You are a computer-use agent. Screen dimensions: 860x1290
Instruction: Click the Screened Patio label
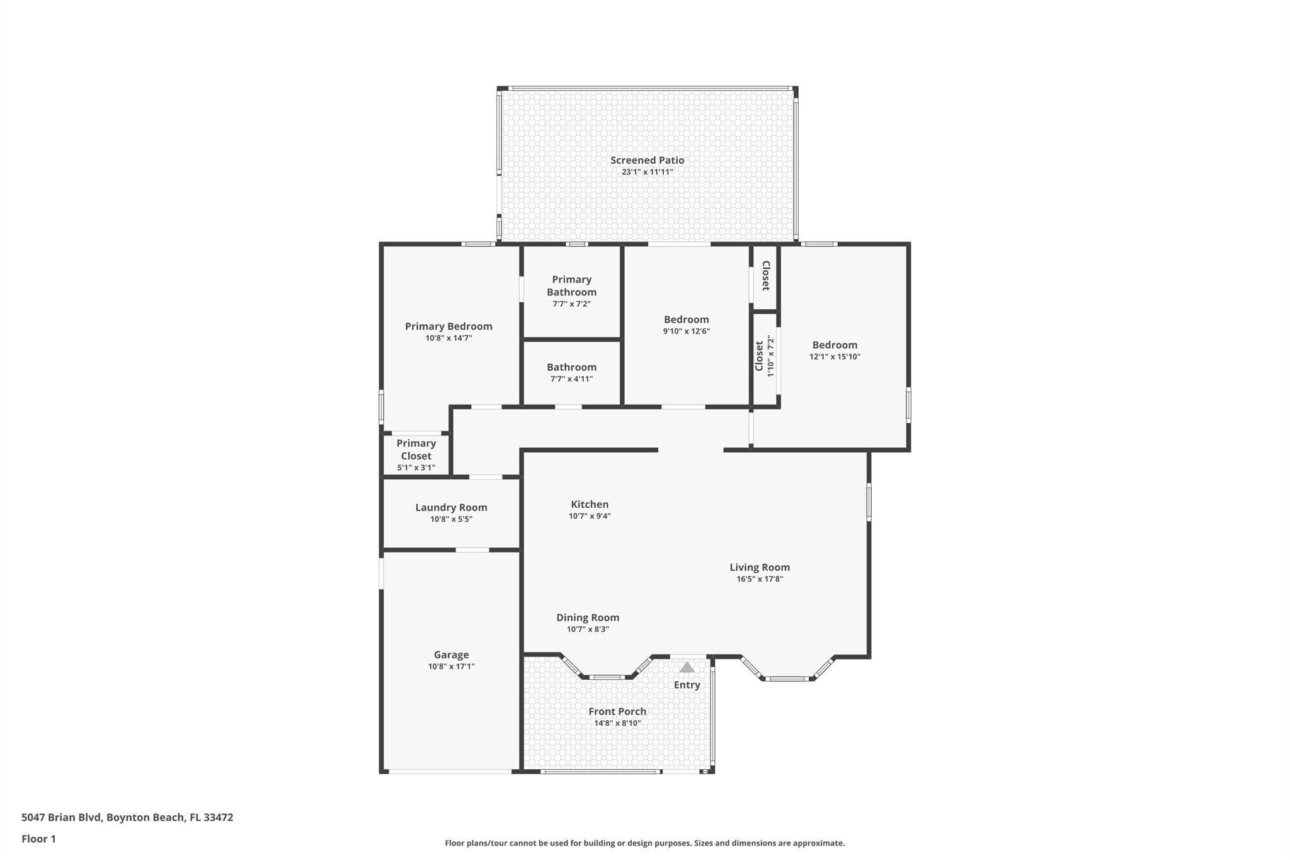coord(647,160)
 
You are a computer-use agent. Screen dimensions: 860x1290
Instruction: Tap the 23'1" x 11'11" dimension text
coord(647,172)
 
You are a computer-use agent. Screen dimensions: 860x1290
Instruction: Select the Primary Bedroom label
coord(448,326)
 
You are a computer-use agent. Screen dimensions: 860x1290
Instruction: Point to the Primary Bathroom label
coord(571,285)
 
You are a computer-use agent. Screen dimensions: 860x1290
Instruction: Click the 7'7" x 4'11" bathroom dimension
coord(571,379)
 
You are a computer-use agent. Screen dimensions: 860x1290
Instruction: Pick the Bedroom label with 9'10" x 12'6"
coord(686,319)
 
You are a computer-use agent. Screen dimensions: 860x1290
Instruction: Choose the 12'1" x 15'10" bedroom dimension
coord(835,357)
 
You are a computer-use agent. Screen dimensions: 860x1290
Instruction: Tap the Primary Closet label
coord(416,450)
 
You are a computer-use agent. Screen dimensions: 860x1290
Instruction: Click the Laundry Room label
coord(451,507)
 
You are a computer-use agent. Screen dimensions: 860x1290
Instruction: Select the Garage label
coord(451,655)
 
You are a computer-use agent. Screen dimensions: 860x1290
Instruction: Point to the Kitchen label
coord(590,504)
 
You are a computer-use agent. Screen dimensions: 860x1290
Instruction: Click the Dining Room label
coord(588,617)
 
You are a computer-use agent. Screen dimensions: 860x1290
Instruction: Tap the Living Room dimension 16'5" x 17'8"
coord(760,579)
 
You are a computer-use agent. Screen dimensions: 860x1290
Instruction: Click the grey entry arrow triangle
coord(687,667)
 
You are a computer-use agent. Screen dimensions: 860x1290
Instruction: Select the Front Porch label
coord(617,711)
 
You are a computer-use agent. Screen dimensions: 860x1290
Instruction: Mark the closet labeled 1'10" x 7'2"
coord(764,357)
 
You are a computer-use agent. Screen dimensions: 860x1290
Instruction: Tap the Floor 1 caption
coord(38,839)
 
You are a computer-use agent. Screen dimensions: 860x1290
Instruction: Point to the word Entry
coord(687,685)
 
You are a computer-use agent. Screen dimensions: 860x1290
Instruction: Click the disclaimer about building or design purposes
coord(644,843)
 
